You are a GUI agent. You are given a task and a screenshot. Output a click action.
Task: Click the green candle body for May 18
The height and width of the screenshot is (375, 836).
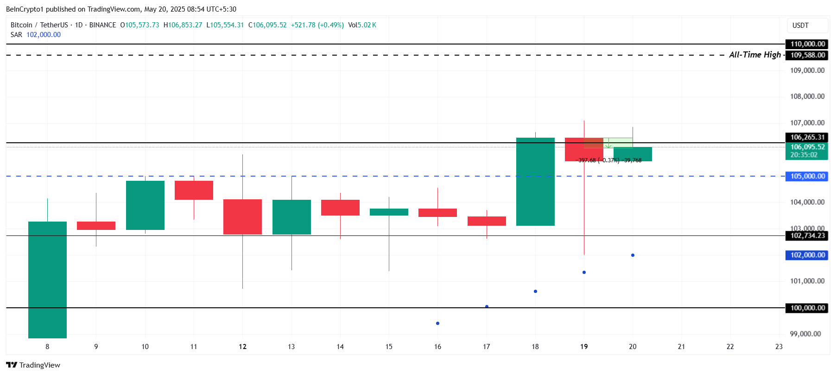pyautogui.click(x=535, y=182)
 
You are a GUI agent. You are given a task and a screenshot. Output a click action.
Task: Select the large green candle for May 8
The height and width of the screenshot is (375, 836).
pyautogui.click(x=47, y=280)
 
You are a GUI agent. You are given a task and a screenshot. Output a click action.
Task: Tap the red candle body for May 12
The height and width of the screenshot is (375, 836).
pyautogui.click(x=242, y=216)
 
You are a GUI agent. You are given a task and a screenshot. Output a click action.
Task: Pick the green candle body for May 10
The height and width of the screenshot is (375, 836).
pyautogui.click(x=145, y=205)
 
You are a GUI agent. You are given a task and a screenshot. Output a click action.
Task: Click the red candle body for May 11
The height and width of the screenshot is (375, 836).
pyautogui.click(x=194, y=190)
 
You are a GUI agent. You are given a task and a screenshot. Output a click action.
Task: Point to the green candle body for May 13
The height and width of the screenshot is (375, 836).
pyautogui.click(x=291, y=217)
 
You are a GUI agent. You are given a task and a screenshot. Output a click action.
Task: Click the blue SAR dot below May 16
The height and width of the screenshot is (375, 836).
pyautogui.click(x=437, y=323)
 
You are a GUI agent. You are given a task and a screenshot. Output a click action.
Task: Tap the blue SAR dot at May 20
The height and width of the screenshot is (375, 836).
pyautogui.click(x=633, y=255)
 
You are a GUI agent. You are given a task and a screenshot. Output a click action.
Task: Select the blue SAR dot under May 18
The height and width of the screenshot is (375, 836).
pyautogui.click(x=535, y=291)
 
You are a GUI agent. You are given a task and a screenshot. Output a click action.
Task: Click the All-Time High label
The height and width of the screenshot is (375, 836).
pyautogui.click(x=754, y=55)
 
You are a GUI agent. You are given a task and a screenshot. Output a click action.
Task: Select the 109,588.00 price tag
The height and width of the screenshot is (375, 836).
pyautogui.click(x=807, y=55)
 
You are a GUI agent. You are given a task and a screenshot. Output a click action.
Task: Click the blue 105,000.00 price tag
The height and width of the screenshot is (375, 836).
pyautogui.click(x=807, y=176)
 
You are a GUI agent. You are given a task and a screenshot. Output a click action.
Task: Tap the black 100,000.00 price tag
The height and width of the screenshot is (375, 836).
pyautogui.click(x=807, y=308)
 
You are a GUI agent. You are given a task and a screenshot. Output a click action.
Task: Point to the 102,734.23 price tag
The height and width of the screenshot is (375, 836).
pyautogui.click(x=807, y=236)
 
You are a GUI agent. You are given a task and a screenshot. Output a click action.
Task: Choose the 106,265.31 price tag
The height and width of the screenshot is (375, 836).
pyautogui.click(x=807, y=137)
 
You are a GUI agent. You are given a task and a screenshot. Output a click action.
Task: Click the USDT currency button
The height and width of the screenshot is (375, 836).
pyautogui.click(x=800, y=25)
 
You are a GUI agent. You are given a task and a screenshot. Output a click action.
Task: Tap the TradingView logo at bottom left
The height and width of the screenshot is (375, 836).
pyautogui.click(x=33, y=365)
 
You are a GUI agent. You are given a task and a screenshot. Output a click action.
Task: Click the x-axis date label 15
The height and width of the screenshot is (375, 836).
pyautogui.click(x=389, y=347)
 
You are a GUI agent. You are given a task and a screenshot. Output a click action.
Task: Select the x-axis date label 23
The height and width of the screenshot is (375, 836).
pyautogui.click(x=779, y=347)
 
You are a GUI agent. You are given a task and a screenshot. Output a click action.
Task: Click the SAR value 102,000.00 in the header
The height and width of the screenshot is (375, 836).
pyautogui.click(x=44, y=35)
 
